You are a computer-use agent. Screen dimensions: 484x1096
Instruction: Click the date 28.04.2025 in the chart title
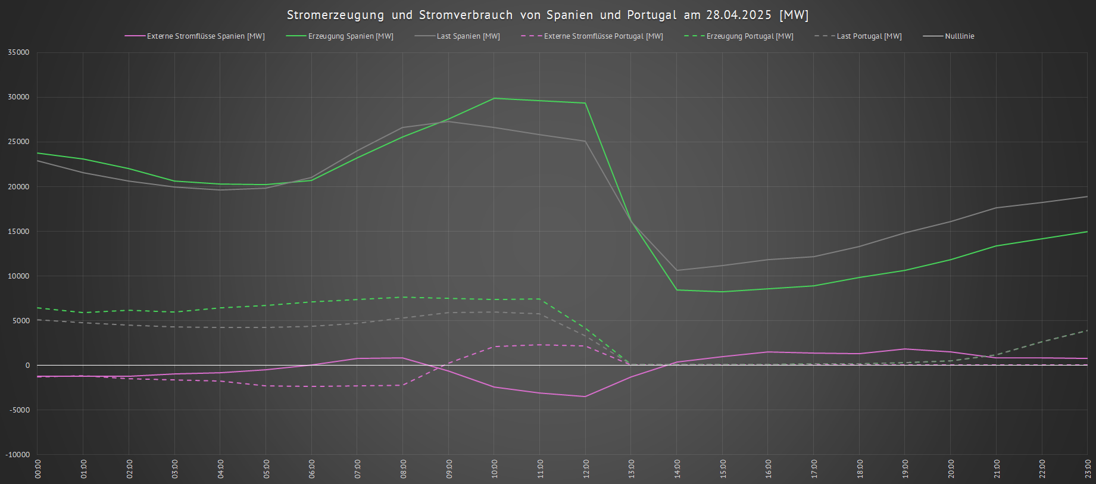738,15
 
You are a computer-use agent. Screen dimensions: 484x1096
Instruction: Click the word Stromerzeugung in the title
335,15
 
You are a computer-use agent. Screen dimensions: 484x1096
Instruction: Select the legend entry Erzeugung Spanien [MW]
350,36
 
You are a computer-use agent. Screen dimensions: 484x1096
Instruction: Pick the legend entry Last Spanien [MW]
468,36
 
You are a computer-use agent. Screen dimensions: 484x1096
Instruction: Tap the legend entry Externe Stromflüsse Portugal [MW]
603,36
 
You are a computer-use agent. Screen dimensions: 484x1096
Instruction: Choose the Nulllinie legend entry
959,36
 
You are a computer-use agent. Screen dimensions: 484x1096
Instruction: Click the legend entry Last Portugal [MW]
869,36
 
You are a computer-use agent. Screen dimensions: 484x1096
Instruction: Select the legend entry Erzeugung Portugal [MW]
750,36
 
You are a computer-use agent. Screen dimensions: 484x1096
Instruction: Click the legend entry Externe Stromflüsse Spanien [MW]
205,36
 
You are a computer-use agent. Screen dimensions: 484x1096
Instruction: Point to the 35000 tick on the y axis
18,52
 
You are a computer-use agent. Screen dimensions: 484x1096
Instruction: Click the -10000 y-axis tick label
18,455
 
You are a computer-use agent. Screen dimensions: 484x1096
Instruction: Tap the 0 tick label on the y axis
27,366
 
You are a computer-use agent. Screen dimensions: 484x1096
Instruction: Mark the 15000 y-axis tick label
18,232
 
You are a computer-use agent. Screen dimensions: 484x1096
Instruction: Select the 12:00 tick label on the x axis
586,469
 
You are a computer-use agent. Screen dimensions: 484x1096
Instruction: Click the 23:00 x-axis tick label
1088,469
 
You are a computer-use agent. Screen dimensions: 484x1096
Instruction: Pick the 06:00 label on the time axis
311,469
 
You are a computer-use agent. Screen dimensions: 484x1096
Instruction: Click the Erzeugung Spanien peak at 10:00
494,98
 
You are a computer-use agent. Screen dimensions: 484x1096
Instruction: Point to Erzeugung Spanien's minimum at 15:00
722,292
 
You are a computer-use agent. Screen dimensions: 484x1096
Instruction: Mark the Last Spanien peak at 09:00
448,121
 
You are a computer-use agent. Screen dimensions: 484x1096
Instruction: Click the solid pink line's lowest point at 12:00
585,396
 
